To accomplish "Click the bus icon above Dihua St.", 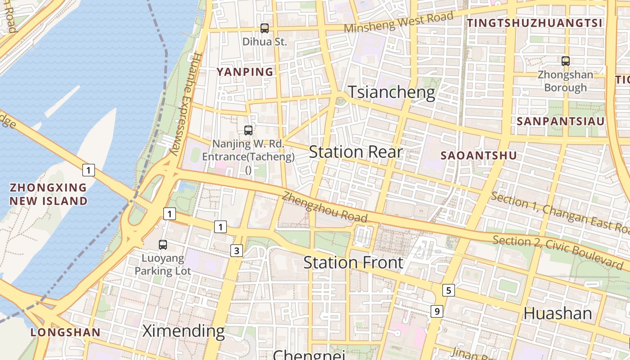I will click(x=265, y=28).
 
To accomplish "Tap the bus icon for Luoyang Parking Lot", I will click(x=163, y=245).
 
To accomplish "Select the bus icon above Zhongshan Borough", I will click(x=566, y=61).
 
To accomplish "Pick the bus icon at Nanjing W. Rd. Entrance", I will click(x=248, y=130).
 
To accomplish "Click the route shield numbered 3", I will click(x=237, y=251).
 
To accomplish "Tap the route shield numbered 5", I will click(x=448, y=290).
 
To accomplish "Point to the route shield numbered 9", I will click(x=436, y=311).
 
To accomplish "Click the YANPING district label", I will click(x=245, y=72).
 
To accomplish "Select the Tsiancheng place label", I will click(x=392, y=92).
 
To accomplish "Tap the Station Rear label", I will click(x=355, y=152).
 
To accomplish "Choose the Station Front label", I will click(x=353, y=262).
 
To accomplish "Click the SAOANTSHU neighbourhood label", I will click(x=478, y=156).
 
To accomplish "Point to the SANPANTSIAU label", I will click(x=560, y=121).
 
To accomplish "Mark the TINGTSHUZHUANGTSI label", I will click(x=534, y=23).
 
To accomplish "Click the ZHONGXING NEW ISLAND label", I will click(x=49, y=194).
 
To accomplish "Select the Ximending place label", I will click(x=184, y=331).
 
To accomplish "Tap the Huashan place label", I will click(x=558, y=313).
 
